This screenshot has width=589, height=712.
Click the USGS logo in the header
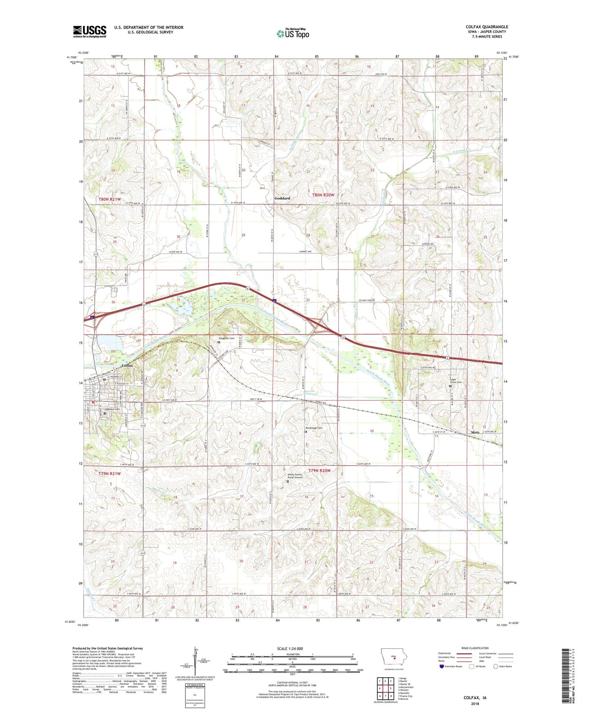[90, 31]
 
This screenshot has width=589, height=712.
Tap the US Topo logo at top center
[293, 33]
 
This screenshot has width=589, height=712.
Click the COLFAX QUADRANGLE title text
[487, 27]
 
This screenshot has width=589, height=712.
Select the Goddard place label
[282, 199]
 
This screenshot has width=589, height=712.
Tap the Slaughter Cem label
[227, 338]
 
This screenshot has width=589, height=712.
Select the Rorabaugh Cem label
[314, 428]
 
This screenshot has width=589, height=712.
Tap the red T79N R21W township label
[110, 474]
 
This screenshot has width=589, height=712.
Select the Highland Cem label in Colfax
[113, 409]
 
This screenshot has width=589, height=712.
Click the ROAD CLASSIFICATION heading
[475, 648]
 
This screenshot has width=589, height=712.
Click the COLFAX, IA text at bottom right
[475, 698]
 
